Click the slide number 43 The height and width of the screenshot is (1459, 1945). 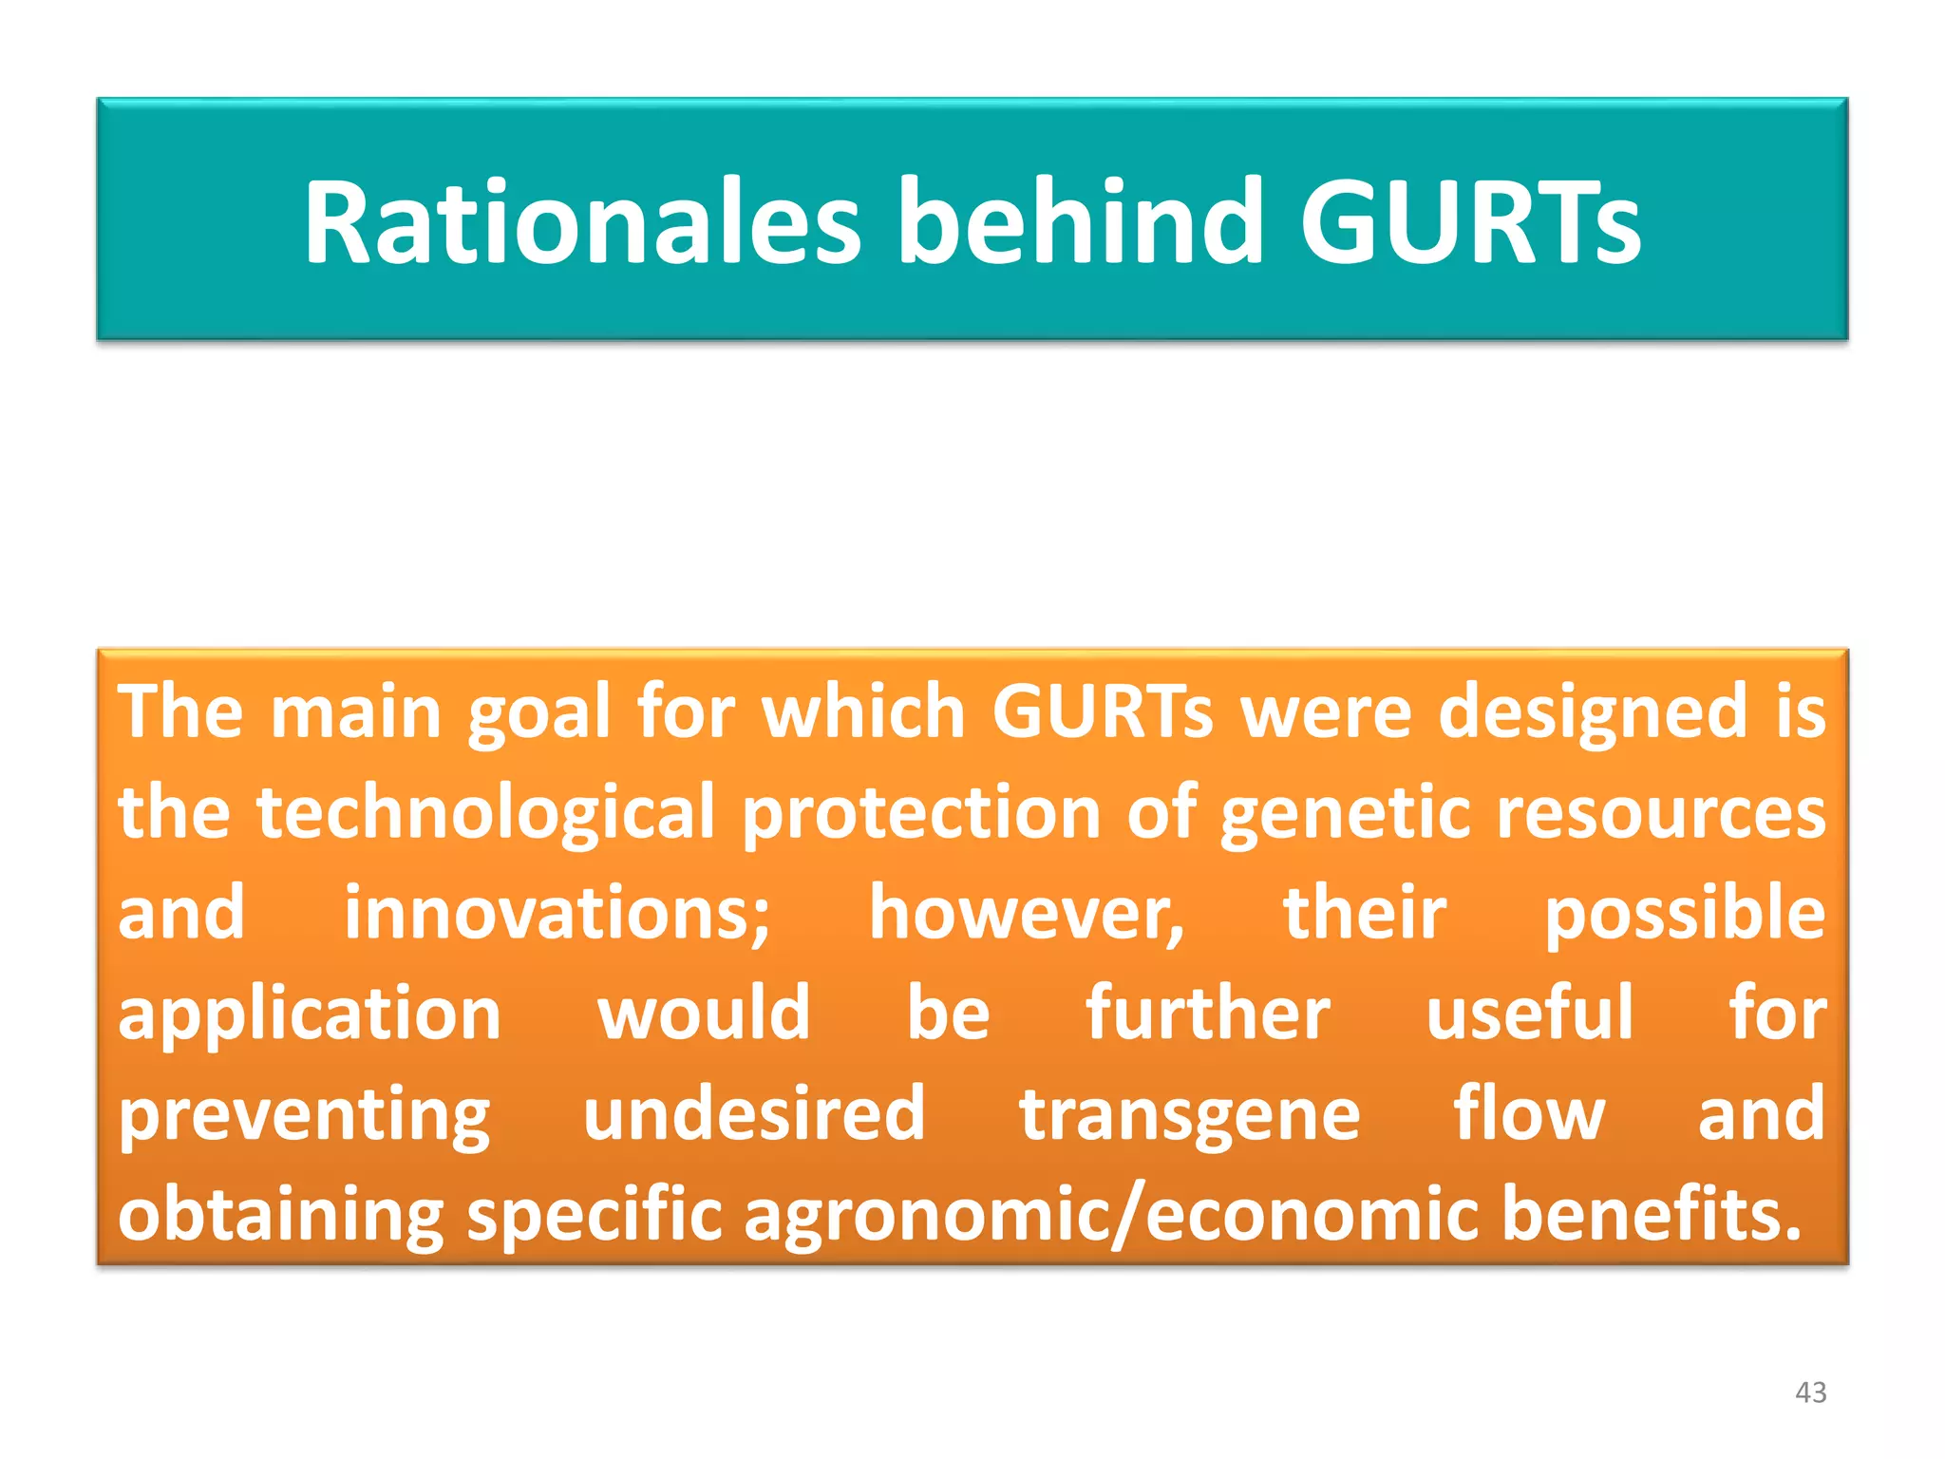point(1810,1393)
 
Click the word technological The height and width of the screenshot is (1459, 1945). point(484,813)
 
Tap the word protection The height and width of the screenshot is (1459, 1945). point(920,813)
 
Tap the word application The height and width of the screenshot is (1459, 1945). point(310,1014)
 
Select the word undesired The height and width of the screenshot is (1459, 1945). point(754,1113)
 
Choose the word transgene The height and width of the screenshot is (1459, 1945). point(1189,1115)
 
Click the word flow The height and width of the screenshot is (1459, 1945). point(1529,1113)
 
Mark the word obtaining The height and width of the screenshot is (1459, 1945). point(281,1216)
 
